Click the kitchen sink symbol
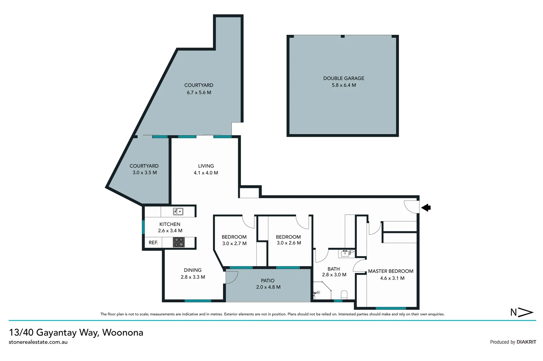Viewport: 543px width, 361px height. point(178,212)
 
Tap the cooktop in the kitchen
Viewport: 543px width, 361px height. point(179,242)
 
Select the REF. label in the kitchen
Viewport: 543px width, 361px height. point(153,243)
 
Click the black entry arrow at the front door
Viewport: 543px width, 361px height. point(426,208)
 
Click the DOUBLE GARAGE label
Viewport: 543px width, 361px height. point(343,78)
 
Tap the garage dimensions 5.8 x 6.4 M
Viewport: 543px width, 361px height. point(344,85)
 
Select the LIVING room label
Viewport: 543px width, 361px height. point(206,166)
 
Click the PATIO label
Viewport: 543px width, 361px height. point(267,281)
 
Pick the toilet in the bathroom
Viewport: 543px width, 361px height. point(344,295)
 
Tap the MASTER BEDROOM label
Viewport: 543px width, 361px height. point(391,271)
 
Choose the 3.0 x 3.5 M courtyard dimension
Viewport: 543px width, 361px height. point(144,173)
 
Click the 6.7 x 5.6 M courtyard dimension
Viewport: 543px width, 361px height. point(199,93)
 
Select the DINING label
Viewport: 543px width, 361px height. point(193,270)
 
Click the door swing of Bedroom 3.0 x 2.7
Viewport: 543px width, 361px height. point(248,222)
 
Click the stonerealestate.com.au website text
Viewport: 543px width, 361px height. point(38,342)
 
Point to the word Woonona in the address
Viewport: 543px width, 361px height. point(123,333)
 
